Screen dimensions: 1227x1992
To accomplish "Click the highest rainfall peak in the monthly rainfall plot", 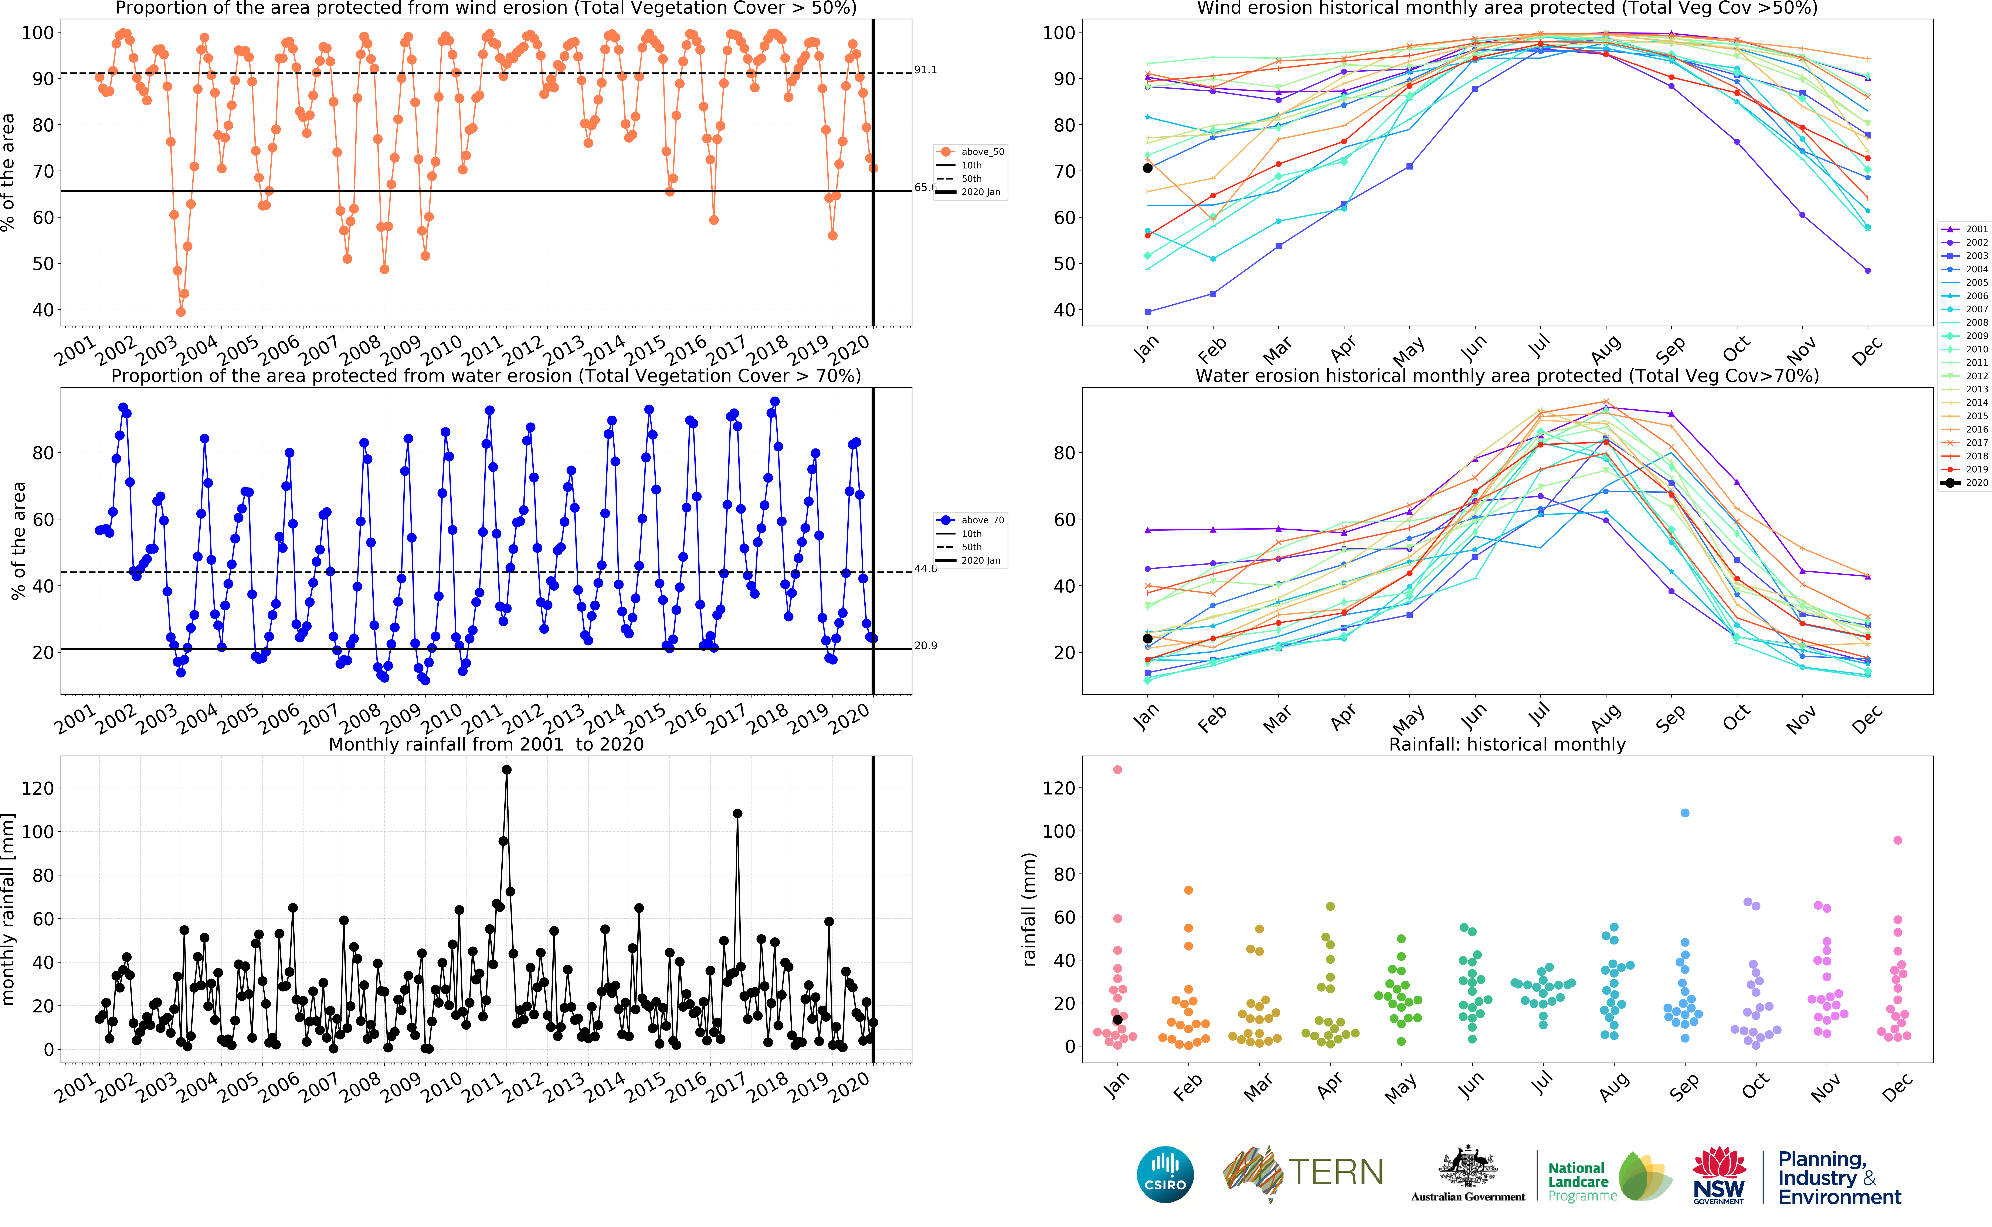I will [x=506, y=769].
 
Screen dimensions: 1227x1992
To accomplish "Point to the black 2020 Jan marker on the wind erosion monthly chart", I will [x=1147, y=168].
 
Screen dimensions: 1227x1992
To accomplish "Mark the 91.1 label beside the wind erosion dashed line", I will [x=925, y=70].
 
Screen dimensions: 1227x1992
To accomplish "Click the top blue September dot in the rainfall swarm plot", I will [x=1684, y=812].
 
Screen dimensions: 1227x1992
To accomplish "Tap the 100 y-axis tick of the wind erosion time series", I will [x=37, y=33].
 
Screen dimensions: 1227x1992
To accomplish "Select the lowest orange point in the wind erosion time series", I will [x=181, y=312].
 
